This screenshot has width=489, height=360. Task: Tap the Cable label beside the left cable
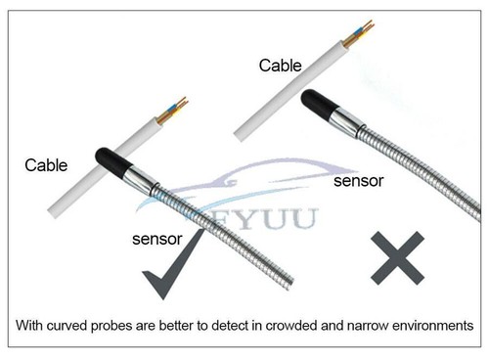[46, 165]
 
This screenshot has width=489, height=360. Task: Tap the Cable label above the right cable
[281, 66]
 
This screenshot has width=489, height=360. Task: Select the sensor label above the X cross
[357, 181]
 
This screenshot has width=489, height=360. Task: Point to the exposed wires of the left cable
[179, 105]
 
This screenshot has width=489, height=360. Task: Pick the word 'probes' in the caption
[140, 324]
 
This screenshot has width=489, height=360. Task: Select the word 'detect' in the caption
[243, 324]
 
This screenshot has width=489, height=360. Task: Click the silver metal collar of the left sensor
[140, 179]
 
